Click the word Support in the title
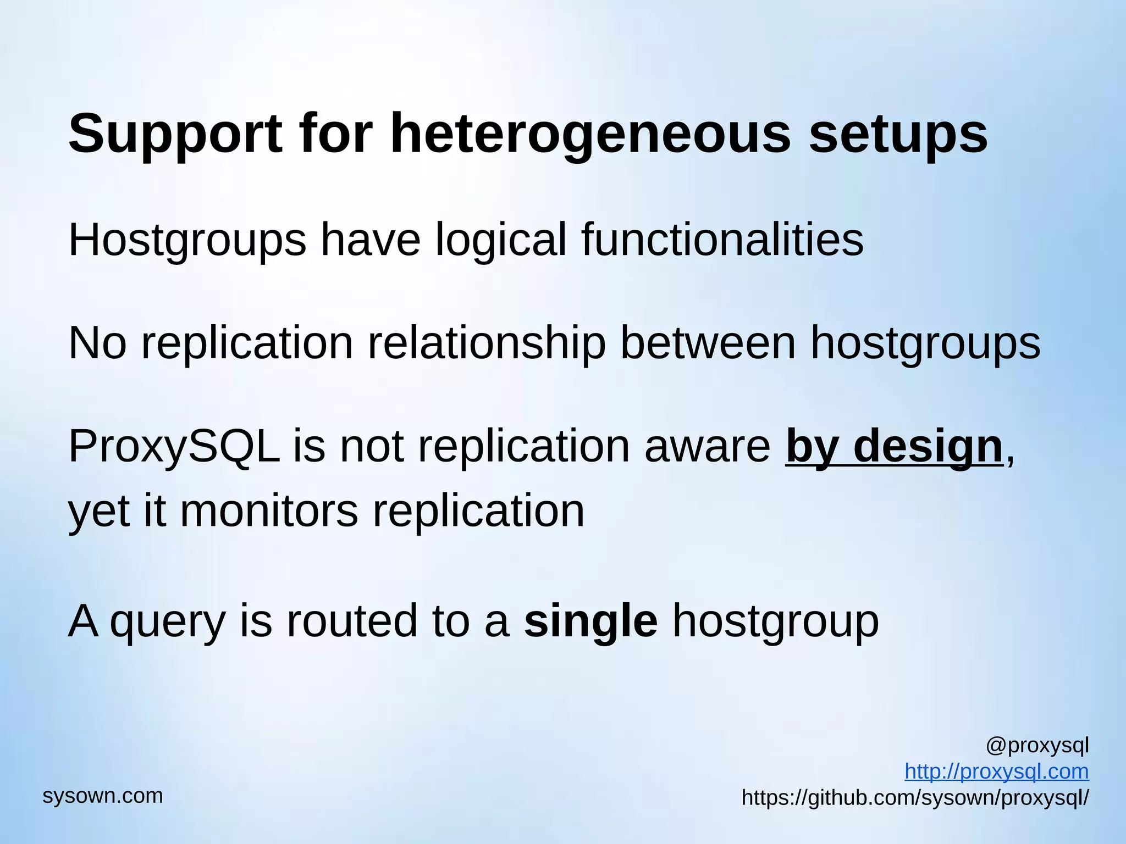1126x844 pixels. pyautogui.click(x=175, y=135)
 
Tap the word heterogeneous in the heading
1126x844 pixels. pyautogui.click(x=589, y=135)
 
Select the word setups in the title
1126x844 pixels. pyautogui.click(x=898, y=135)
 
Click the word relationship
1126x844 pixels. pyautogui.click(x=487, y=343)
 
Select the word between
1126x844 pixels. pyautogui.click(x=708, y=343)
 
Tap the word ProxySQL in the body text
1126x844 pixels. pyautogui.click(x=174, y=446)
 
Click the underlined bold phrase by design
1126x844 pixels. pyautogui.click(x=894, y=446)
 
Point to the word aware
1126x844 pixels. pyautogui.click(x=707, y=446)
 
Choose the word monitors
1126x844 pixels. pyautogui.click(x=269, y=511)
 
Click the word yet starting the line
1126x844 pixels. pyautogui.click(x=99, y=511)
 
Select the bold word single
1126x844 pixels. pyautogui.click(x=590, y=621)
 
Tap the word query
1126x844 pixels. pyautogui.click(x=168, y=621)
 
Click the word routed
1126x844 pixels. pyautogui.click(x=352, y=621)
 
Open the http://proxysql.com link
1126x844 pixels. pyautogui.click(x=996, y=771)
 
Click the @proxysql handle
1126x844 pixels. pyautogui.click(x=1037, y=746)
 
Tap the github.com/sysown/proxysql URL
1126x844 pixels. pyautogui.click(x=915, y=797)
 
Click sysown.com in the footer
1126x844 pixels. pyautogui.click(x=103, y=796)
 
